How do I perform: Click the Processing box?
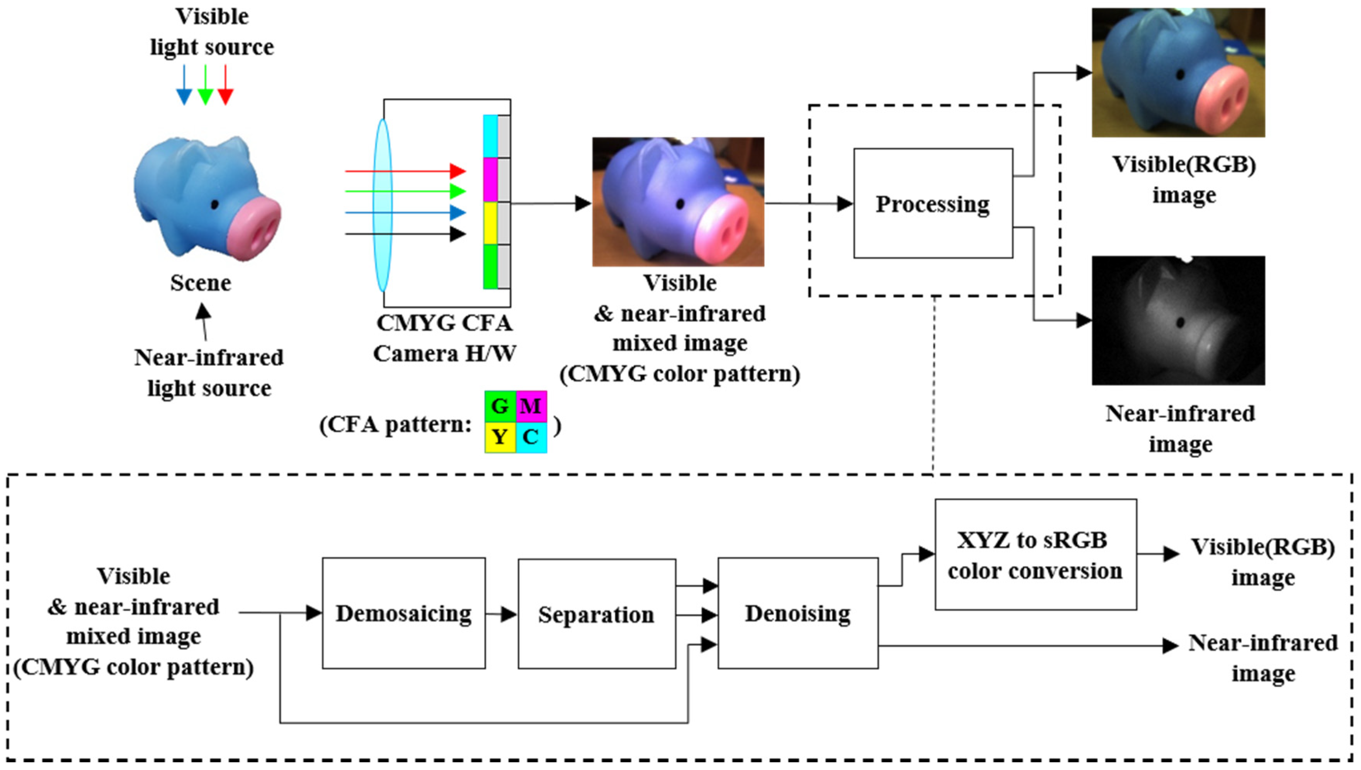pyautogui.click(x=932, y=204)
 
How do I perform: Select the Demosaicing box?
pyautogui.click(x=403, y=614)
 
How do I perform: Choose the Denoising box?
pyautogui.click(x=798, y=614)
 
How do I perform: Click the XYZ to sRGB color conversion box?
pyautogui.click(x=1035, y=555)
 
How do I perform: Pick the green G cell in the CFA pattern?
pyautogui.click(x=500, y=406)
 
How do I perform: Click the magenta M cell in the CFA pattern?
pyautogui.click(x=531, y=406)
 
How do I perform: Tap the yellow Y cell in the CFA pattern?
pyautogui.click(x=500, y=437)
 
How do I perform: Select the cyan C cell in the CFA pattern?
pyautogui.click(x=531, y=437)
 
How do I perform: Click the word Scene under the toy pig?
pyautogui.click(x=201, y=283)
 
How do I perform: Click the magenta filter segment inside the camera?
pyautogui.click(x=491, y=179)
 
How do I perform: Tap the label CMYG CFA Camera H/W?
pyautogui.click(x=444, y=338)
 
